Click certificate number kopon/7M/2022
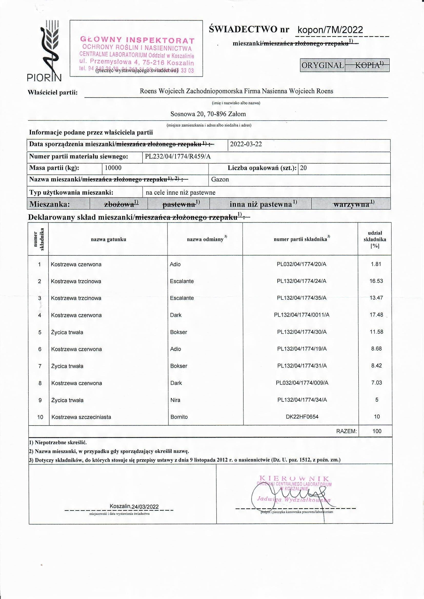point(330,30)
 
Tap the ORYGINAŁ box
point(322,65)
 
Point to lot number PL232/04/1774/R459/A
point(178,157)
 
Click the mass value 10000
point(113,168)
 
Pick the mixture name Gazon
point(220,180)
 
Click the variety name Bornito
point(179,417)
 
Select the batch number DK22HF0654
point(302,417)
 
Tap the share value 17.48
point(376,315)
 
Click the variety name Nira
point(175,400)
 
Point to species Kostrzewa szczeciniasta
point(81,417)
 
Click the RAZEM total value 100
point(377,431)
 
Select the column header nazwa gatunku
point(108,239)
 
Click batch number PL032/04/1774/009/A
point(302,383)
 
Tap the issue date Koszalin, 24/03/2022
point(134,507)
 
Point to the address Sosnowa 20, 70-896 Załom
point(208,114)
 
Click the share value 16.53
point(376,281)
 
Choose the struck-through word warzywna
point(351,204)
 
